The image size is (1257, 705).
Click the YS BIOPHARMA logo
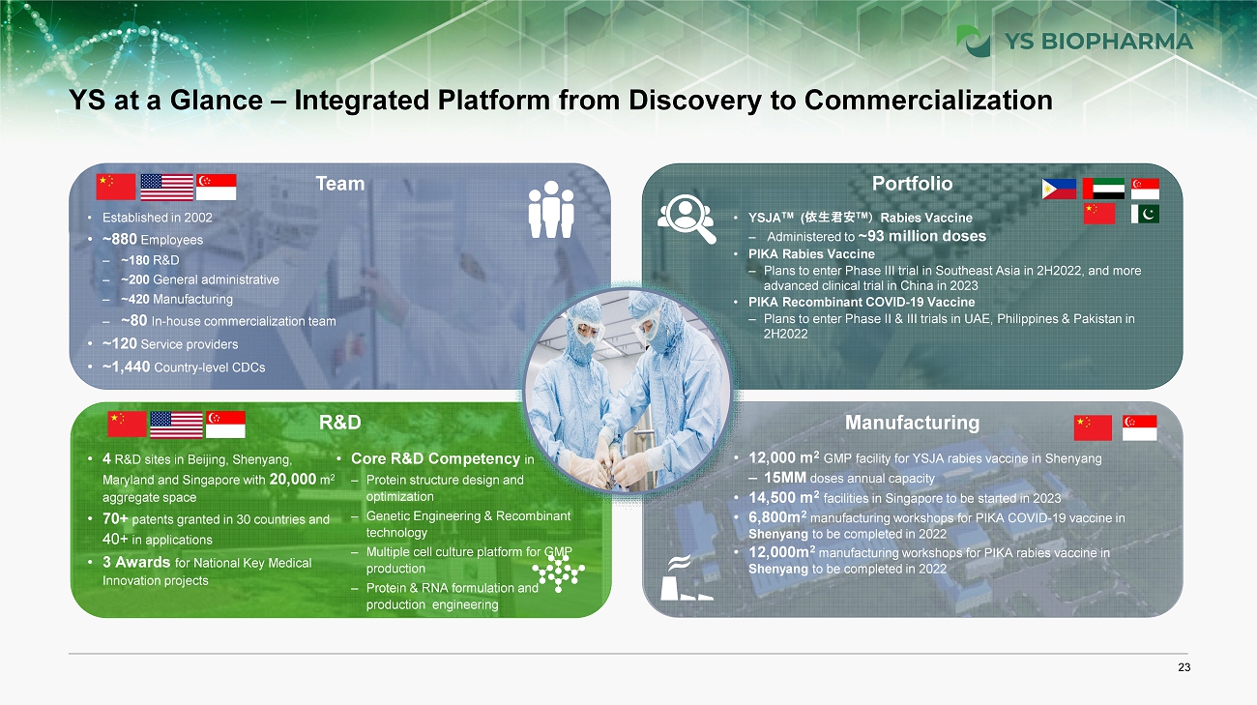click(x=1073, y=42)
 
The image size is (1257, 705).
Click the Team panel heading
click(x=340, y=184)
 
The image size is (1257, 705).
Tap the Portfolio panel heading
click(x=912, y=184)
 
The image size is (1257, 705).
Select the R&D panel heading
click(x=340, y=423)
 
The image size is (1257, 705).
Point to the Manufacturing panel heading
click(x=912, y=423)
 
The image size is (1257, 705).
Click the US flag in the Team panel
click(x=166, y=187)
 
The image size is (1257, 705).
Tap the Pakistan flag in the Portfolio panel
click(x=1145, y=214)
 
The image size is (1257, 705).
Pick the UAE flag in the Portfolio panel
click(x=1103, y=189)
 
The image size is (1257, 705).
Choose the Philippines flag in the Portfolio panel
click(x=1059, y=189)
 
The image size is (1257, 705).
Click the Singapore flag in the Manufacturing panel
click(x=1139, y=427)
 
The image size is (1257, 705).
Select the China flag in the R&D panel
click(x=127, y=425)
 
